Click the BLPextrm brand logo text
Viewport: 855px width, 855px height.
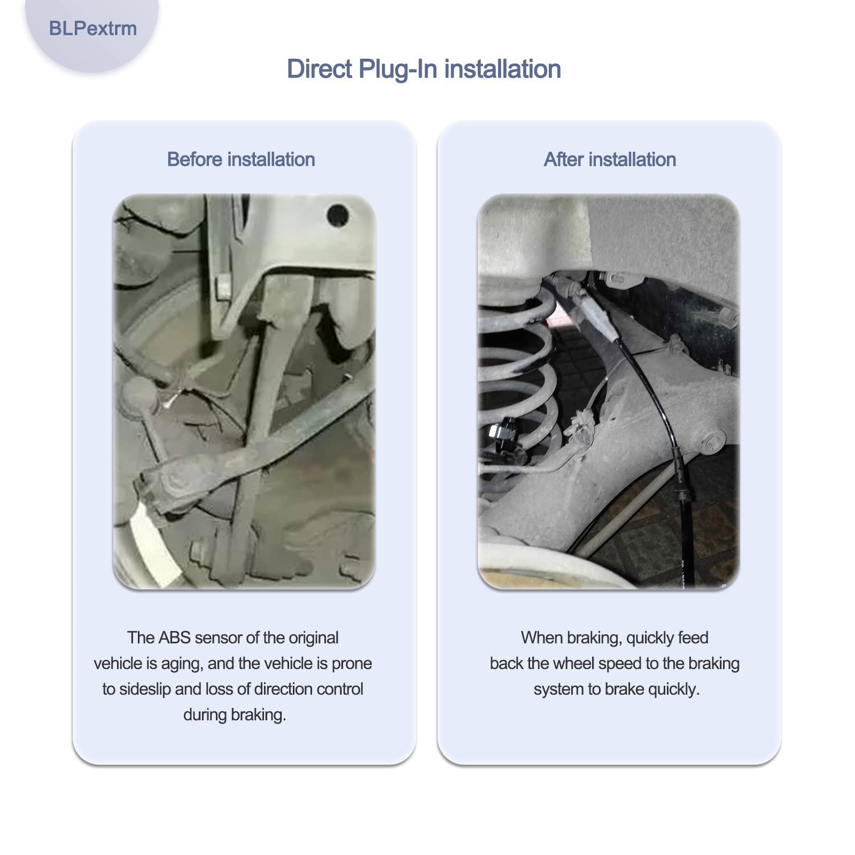click(92, 28)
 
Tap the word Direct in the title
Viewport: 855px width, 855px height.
click(320, 69)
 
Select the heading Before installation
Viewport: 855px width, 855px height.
click(241, 159)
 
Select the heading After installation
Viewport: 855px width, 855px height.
click(610, 159)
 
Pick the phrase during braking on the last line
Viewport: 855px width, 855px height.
click(235, 715)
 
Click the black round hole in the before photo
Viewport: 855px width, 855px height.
click(338, 215)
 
